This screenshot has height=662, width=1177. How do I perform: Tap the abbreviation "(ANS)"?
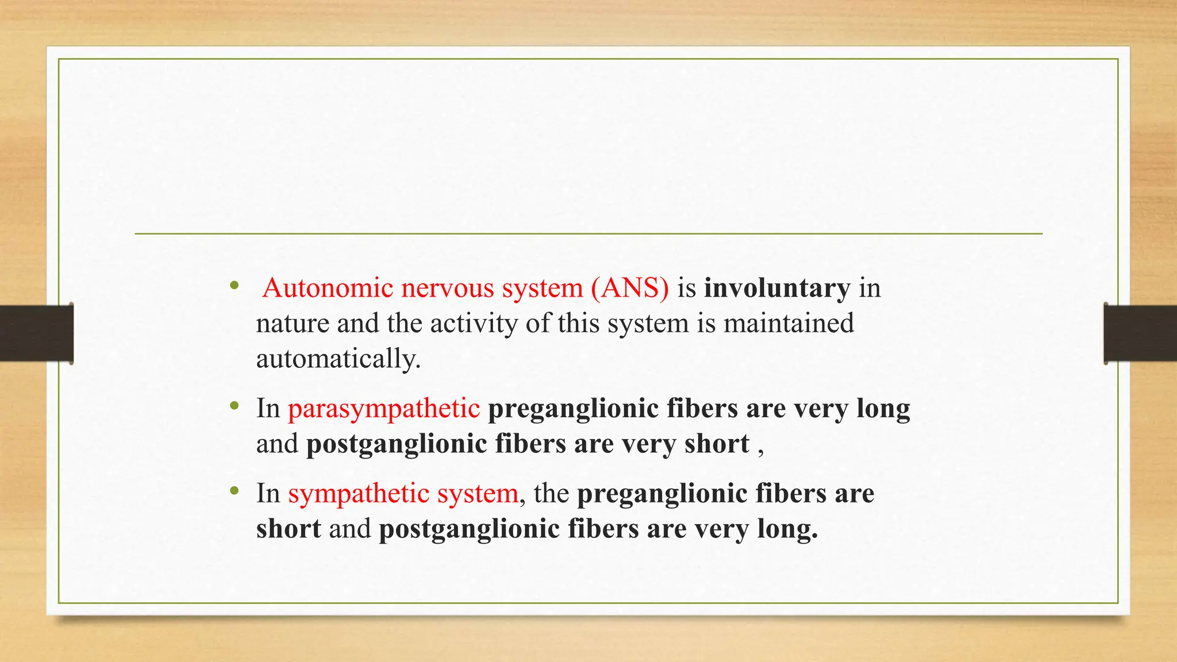(x=630, y=288)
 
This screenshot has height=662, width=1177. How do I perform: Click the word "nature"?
(x=293, y=324)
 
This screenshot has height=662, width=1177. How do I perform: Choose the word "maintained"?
(x=788, y=323)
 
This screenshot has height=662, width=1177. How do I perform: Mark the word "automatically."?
(x=339, y=359)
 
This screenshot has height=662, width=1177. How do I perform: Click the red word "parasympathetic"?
(x=384, y=409)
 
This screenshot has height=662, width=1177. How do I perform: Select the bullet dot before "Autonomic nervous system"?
(x=233, y=286)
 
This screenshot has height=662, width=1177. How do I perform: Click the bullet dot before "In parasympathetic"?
(x=233, y=406)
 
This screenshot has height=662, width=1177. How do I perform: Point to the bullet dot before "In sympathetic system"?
(x=233, y=491)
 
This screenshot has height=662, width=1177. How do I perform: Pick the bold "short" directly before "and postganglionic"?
(x=289, y=529)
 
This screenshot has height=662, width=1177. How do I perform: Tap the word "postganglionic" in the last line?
(x=469, y=529)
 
